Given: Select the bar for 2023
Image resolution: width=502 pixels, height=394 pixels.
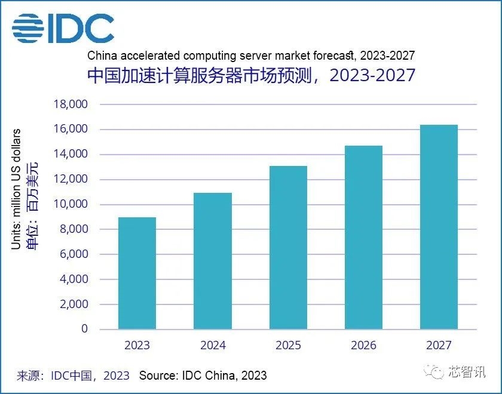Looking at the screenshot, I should [137, 273].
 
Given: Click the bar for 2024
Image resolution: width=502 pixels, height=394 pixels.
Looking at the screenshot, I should [213, 261].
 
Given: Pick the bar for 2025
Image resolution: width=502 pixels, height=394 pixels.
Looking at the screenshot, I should [288, 247].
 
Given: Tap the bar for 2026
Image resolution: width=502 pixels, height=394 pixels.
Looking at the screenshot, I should [363, 237].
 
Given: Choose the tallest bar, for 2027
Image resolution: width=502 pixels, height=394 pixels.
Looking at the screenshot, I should [439, 227].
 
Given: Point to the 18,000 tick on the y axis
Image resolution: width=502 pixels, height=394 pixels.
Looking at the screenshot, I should [71, 104].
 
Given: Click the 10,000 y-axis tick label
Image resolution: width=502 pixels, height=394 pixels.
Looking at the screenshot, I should [71, 204].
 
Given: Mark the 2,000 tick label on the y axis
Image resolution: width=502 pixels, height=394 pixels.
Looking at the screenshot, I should [73, 304].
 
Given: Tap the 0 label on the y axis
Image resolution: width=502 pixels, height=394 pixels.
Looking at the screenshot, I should [84, 329].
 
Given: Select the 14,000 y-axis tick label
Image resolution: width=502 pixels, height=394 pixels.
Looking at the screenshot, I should [71, 154].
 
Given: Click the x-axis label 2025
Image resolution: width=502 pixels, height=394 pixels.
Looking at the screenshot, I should [288, 346].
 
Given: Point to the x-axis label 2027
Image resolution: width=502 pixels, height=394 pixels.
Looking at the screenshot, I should [439, 346].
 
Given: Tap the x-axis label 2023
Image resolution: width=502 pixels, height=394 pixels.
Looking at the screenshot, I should [137, 346].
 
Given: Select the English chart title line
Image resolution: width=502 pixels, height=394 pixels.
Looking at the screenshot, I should [251, 56].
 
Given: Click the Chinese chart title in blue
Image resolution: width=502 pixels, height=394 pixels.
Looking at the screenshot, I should [251, 76].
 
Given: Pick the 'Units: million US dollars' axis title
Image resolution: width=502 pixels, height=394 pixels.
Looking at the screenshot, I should [16, 189].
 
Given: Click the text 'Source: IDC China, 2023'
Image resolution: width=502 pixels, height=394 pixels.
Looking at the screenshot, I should [203, 375].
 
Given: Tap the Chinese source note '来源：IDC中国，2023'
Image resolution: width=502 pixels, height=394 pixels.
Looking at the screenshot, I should [72, 375].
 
